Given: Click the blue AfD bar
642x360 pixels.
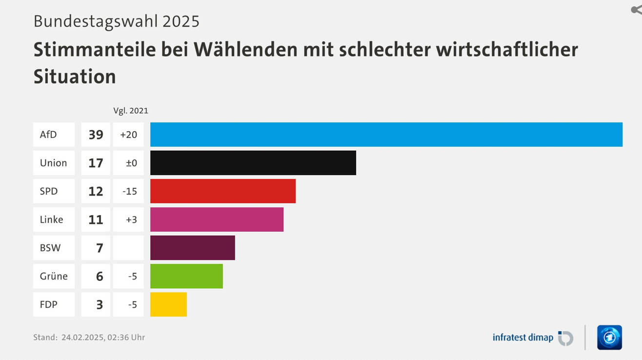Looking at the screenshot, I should click(x=386, y=135).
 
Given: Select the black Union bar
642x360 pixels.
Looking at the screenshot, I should click(x=253, y=163).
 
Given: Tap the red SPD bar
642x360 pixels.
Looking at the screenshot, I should click(x=222, y=191).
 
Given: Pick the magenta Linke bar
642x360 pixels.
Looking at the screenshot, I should click(x=217, y=220).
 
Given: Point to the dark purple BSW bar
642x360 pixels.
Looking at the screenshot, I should click(x=192, y=248).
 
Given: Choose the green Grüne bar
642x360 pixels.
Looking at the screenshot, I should click(x=186, y=276).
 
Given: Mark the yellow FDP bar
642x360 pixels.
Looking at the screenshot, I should click(x=168, y=304).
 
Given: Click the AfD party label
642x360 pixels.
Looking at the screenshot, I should click(x=48, y=135).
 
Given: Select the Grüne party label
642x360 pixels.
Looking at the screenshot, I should click(x=54, y=276).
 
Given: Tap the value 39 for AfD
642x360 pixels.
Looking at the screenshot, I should click(x=96, y=135).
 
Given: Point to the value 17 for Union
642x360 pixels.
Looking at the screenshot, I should click(x=96, y=163).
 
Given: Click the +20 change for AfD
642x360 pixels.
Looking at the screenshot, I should click(x=129, y=135).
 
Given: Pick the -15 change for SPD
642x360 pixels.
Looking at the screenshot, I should click(x=129, y=191).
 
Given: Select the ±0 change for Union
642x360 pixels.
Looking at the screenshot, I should click(x=131, y=163).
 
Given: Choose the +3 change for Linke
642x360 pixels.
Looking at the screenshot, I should click(x=131, y=220).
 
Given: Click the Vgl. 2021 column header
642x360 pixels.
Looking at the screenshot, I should click(x=131, y=111).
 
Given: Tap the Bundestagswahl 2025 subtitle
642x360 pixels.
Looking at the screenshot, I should click(x=117, y=21).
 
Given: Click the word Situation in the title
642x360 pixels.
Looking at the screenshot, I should click(x=75, y=77).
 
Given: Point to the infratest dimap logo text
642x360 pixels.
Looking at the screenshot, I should click(x=522, y=338).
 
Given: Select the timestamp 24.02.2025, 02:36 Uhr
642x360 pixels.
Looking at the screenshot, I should click(x=103, y=337).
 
